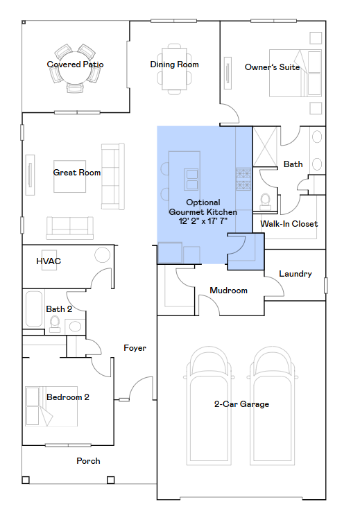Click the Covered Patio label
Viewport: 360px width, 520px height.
pos(75,64)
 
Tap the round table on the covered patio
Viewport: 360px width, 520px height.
pos(76,68)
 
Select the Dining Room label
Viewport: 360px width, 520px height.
pos(175,64)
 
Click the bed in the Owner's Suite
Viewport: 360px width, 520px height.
pos(295,73)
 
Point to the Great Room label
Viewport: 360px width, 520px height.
pos(76,173)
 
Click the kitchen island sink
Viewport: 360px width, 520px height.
pos(191,180)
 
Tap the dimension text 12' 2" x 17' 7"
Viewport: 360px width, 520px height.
pos(203,221)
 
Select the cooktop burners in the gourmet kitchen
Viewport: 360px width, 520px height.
pos(243,180)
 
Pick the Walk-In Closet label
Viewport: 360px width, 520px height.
pos(289,224)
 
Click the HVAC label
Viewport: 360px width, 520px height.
pos(49,261)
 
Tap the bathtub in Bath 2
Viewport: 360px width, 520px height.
pos(34,309)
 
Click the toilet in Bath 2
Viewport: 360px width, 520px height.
pos(55,324)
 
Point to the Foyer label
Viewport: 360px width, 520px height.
pos(135,348)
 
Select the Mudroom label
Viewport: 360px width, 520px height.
pos(229,291)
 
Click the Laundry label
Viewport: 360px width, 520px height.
pos(295,274)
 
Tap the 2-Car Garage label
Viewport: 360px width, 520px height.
pos(241,404)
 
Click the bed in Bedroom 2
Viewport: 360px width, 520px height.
pos(51,406)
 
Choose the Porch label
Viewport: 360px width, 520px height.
pos(88,461)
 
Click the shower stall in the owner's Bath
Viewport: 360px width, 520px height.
pos(265,146)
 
